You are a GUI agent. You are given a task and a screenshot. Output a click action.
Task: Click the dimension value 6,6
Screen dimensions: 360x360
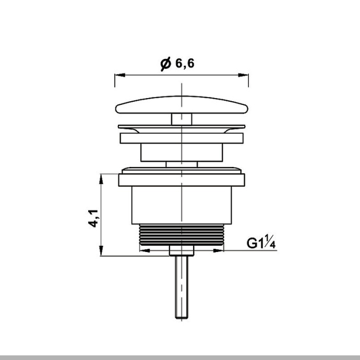point(185,64)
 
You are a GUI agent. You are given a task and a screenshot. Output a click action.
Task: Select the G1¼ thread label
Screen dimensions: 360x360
point(261,243)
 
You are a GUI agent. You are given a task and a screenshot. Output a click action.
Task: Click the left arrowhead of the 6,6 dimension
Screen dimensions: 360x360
point(117,75)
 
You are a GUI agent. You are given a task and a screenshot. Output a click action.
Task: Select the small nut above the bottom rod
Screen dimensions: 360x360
point(181,252)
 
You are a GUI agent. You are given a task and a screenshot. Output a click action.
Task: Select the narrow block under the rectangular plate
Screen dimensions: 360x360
point(181,153)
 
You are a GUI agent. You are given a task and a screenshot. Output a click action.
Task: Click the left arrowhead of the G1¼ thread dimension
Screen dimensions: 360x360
point(144,250)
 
